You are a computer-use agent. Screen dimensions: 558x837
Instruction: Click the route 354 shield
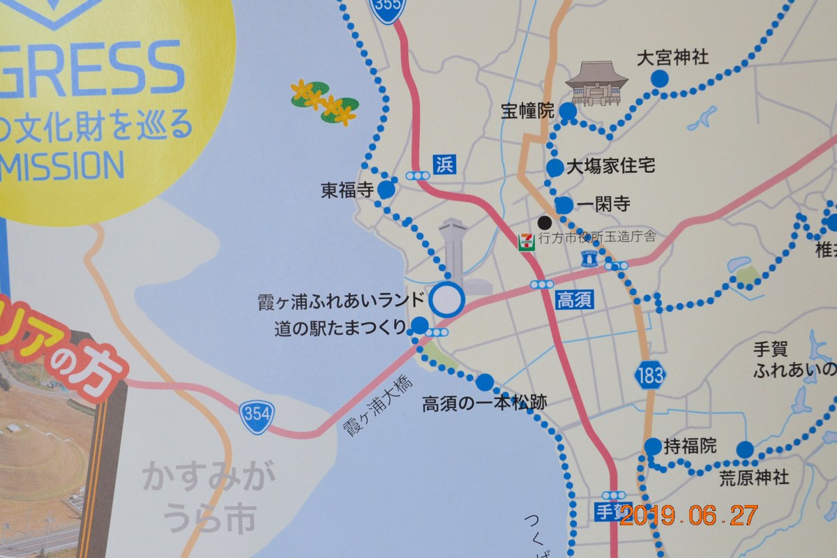coord(257,414)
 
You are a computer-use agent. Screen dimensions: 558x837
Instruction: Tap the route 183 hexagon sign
coord(649,375)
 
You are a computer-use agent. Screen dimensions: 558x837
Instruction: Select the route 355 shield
coord(389,8)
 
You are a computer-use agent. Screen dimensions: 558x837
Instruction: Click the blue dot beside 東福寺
coord(386,190)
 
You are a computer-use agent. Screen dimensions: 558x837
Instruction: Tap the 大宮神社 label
coord(673,58)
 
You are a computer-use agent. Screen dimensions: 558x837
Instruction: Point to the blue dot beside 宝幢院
coord(568,112)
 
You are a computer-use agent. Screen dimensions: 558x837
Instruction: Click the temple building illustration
coord(593,83)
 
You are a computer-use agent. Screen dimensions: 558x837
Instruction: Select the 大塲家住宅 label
coord(611,167)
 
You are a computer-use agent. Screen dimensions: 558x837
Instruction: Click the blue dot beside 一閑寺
coord(564,205)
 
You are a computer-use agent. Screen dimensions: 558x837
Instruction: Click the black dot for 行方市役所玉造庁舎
coord(545,223)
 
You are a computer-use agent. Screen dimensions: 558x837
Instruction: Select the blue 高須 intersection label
coord(575,301)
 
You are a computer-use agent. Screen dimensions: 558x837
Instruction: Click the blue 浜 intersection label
coord(444,165)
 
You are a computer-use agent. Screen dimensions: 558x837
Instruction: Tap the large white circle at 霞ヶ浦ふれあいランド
coord(446,301)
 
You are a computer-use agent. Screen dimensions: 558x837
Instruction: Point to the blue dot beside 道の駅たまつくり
coord(420,325)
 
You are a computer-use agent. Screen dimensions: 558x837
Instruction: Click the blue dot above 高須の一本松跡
coord(484,382)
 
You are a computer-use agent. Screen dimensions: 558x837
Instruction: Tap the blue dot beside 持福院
coord(653,446)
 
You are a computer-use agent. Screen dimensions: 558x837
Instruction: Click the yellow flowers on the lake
coord(324,103)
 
